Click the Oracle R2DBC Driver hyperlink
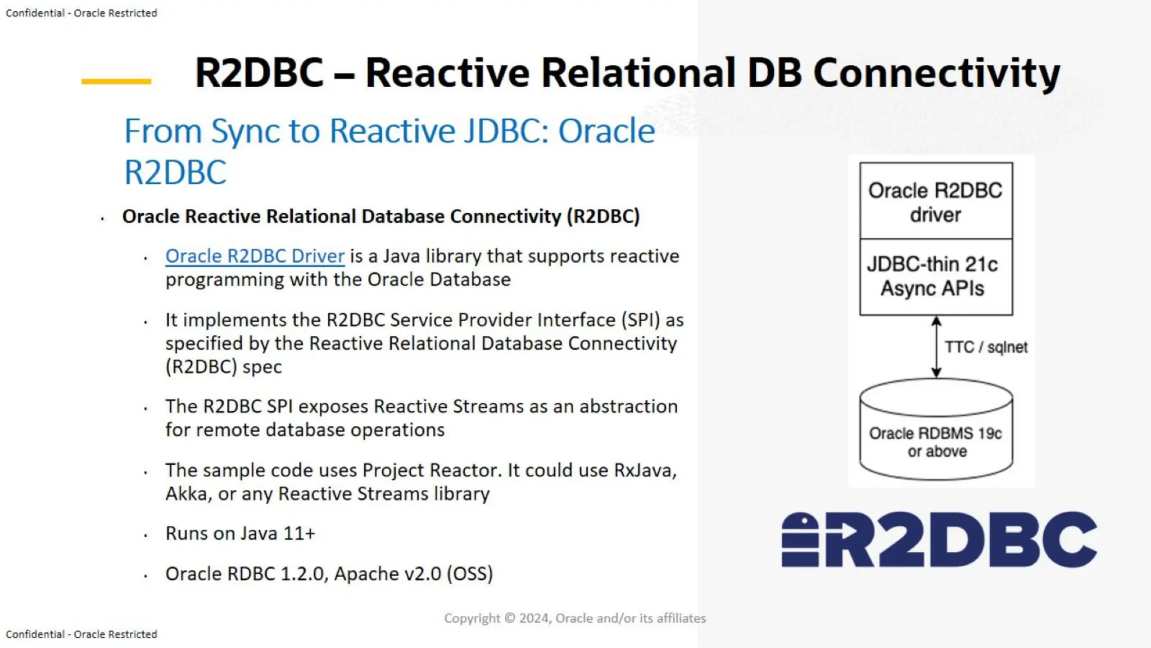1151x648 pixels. coord(255,256)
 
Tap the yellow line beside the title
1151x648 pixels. coord(116,82)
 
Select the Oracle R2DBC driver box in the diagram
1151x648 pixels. coord(936,201)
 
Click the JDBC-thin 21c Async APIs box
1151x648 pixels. coord(936,277)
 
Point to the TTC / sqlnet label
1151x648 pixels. coord(986,347)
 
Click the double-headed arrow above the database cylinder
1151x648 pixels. coord(936,346)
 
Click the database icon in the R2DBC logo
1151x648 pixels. coord(800,539)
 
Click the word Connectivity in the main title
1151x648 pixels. coord(936,73)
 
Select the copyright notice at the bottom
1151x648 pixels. coord(574,618)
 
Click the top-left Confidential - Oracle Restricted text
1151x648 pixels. coord(81,13)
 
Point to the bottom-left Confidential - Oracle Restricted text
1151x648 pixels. coord(81,634)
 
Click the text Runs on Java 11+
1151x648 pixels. coord(240,533)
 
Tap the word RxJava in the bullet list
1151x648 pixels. coord(645,470)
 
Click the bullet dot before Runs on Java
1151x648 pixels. coord(146,535)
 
